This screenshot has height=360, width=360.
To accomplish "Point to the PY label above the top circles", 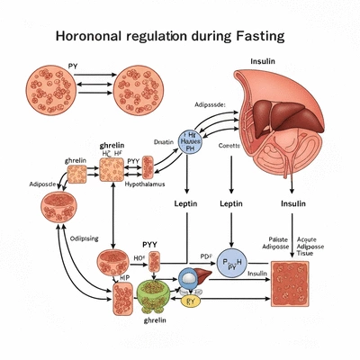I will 74,67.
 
